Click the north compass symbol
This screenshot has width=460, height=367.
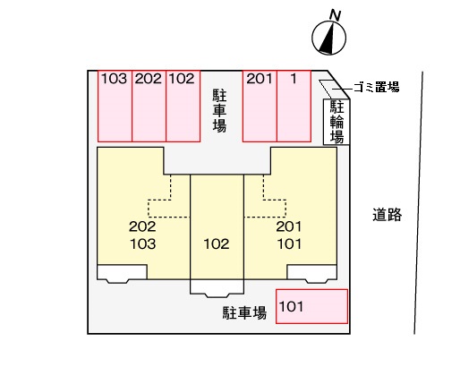point(328,38)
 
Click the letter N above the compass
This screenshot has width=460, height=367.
point(334,13)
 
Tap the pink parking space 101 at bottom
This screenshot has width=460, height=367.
point(311,306)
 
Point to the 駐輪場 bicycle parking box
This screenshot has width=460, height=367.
point(336,121)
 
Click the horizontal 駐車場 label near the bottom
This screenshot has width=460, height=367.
point(244,312)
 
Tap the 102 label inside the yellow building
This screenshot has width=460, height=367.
point(217,243)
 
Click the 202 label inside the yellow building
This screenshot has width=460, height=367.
point(141,226)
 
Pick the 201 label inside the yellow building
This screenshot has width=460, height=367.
point(292,226)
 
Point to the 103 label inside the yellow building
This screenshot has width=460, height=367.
point(141,243)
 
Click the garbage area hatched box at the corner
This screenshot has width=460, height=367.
point(328,87)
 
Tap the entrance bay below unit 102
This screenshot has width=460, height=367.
point(217,288)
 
